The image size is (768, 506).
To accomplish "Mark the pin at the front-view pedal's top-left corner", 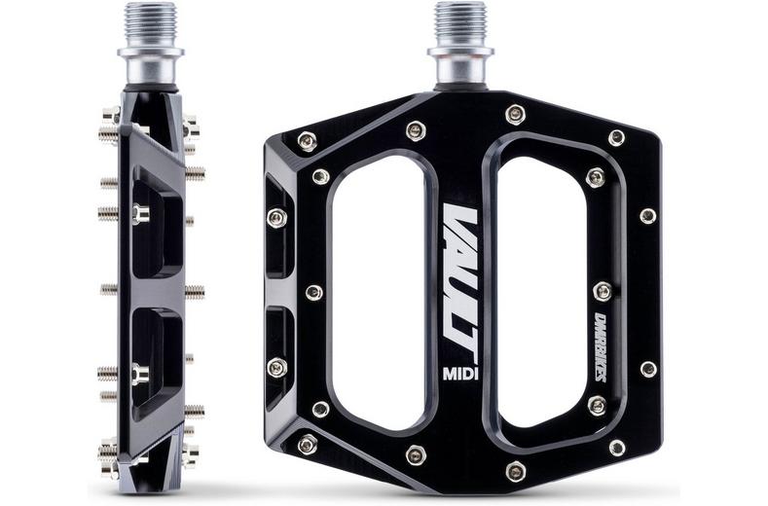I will pyautogui.click(x=307, y=142).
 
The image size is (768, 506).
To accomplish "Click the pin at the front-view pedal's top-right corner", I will pyautogui.click(x=616, y=137).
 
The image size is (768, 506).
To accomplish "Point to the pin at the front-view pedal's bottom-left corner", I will pyautogui.click(x=307, y=445).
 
